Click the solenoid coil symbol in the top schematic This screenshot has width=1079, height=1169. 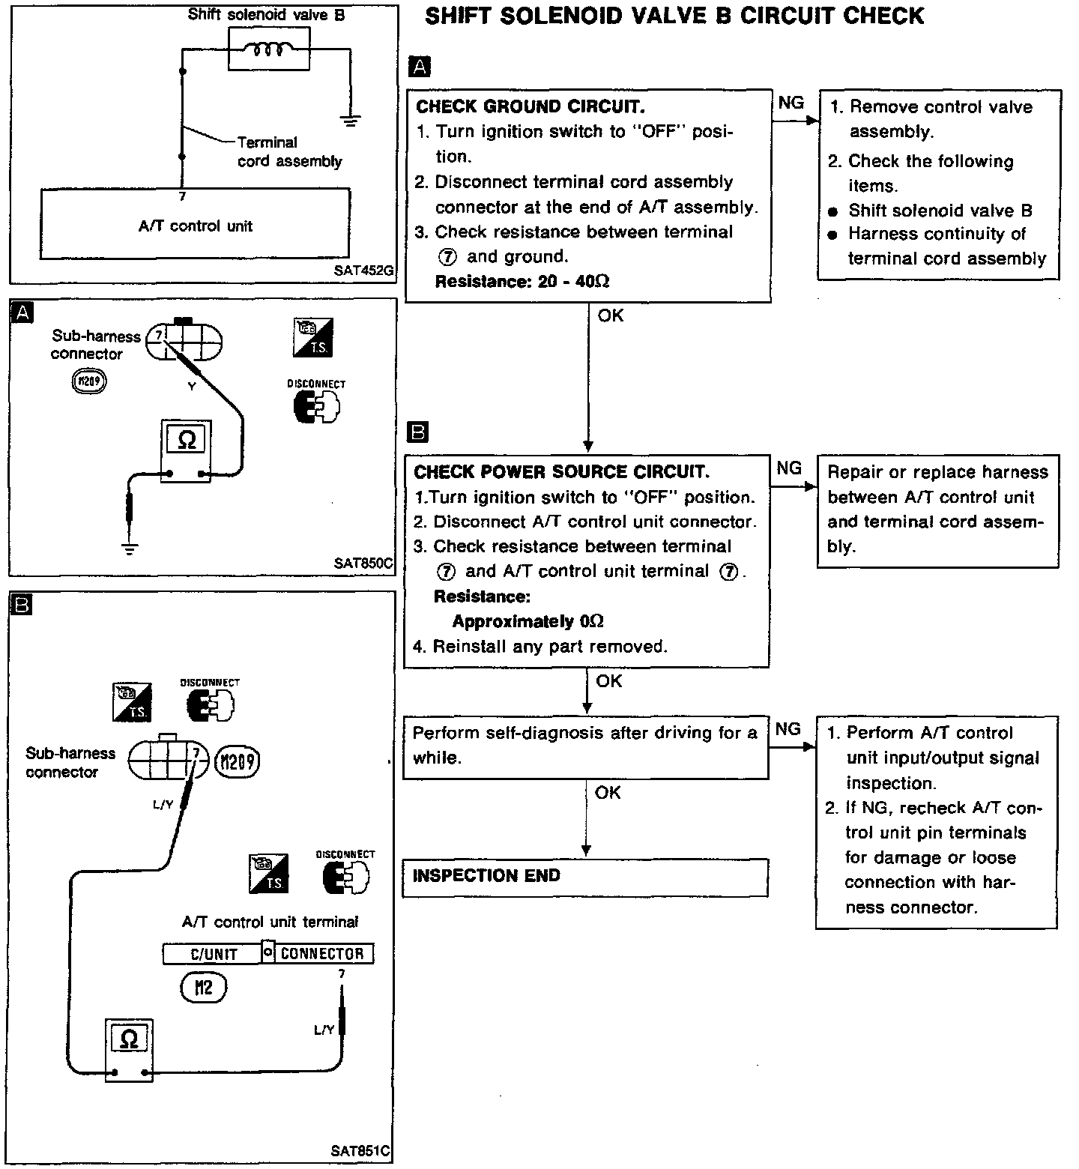click(x=268, y=49)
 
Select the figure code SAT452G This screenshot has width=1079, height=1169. click(x=363, y=271)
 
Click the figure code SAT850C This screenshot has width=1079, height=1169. click(x=363, y=564)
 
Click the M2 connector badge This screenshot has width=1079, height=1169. click(x=203, y=988)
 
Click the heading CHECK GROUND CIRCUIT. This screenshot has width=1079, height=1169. click(x=530, y=106)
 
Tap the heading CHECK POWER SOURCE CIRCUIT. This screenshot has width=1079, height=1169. click(x=561, y=471)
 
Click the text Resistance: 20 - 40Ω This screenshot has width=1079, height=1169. click(x=522, y=282)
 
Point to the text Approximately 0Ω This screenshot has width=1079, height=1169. click(x=528, y=621)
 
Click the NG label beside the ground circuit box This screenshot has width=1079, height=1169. click(x=791, y=103)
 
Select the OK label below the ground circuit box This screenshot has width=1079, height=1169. click(x=611, y=315)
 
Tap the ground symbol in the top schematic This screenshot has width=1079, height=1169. click(x=350, y=118)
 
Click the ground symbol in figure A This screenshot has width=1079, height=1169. click(x=130, y=549)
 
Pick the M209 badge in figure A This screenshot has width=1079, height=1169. click(x=88, y=382)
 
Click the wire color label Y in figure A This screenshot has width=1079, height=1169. click(x=192, y=387)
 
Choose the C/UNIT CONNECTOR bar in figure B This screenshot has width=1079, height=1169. click(x=268, y=953)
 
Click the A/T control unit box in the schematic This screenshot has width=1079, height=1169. click(x=195, y=225)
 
